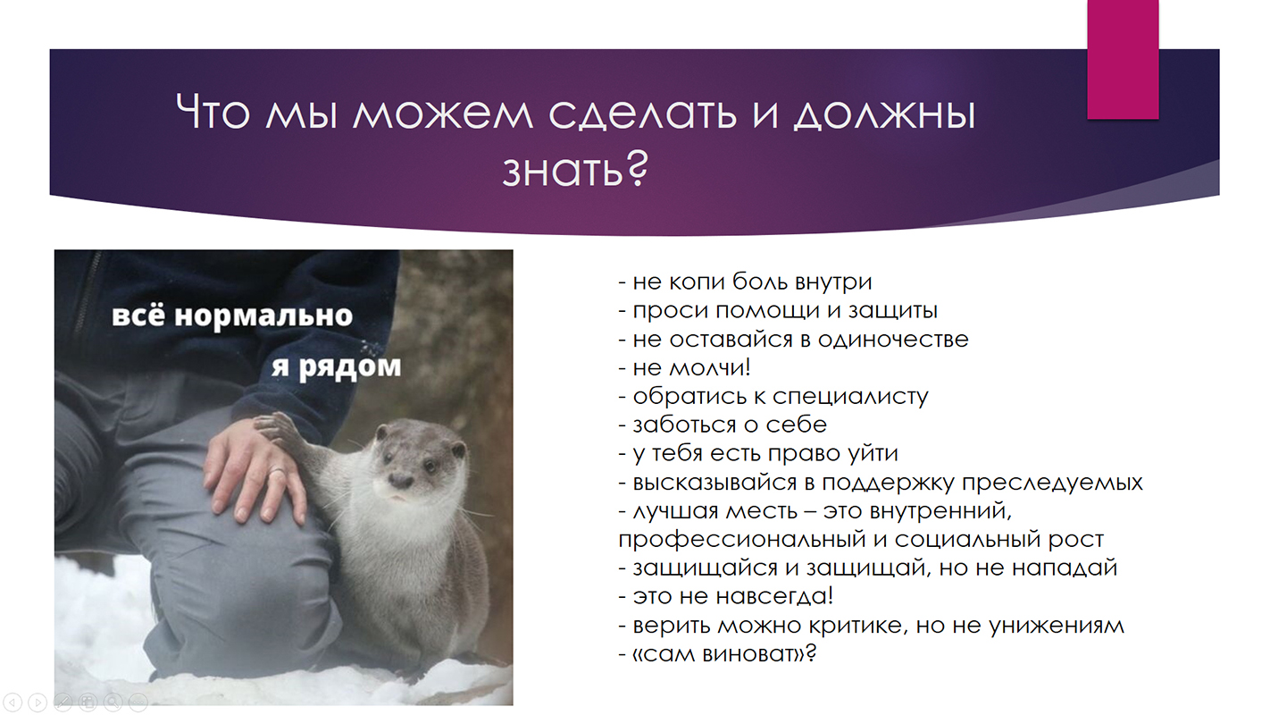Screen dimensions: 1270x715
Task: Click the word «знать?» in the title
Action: (x=575, y=169)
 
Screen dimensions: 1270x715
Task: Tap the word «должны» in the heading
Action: (x=884, y=114)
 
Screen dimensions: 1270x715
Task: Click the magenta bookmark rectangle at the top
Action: (x=1123, y=59)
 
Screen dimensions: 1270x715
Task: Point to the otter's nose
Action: (x=401, y=481)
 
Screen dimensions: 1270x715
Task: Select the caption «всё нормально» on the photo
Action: (x=232, y=315)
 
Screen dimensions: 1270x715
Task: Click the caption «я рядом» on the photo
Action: (x=336, y=367)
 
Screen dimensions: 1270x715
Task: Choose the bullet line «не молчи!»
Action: (x=684, y=367)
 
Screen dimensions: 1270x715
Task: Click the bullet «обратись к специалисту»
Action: (x=773, y=396)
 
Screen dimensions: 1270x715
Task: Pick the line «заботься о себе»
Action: (x=723, y=425)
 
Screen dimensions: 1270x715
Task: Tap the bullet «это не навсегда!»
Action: (x=726, y=596)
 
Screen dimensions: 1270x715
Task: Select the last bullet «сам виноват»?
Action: (x=717, y=653)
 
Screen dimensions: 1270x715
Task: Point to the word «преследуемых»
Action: (x=1052, y=483)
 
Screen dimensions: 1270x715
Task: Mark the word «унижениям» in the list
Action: (x=1057, y=626)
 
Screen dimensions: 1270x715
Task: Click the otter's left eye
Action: (x=430, y=467)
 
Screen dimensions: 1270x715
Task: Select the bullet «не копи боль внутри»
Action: (x=745, y=282)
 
